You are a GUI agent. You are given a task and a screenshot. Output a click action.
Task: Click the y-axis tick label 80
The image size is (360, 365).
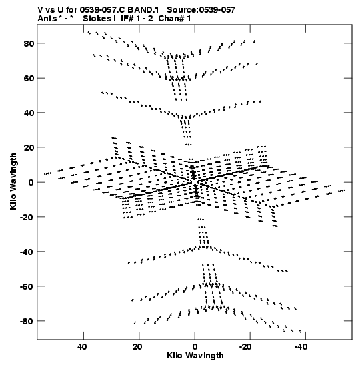tap(29, 43)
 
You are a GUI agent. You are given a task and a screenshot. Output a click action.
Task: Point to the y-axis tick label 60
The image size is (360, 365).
tap(29, 78)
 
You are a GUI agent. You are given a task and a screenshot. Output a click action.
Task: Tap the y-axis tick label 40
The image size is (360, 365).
tap(29, 113)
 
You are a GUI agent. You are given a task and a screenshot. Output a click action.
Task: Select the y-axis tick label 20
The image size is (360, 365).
tap(29, 147)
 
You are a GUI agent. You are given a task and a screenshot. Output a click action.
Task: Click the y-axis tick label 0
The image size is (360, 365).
tap(31, 182)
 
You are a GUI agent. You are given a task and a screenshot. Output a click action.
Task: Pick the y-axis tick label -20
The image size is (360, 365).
tap(27, 217)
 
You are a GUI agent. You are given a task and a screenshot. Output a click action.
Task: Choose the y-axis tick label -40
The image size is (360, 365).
tap(27, 252)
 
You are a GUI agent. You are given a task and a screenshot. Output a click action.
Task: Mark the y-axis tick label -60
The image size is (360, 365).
tap(27, 286)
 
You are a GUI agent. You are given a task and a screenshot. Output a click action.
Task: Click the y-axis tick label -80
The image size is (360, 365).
tap(27, 321)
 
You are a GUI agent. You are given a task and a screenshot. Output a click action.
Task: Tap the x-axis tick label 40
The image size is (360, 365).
tap(82, 347)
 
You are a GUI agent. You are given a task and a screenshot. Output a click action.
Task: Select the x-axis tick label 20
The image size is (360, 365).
tap(138, 347)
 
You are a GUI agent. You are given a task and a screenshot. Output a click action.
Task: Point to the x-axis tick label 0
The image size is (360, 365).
tap(195, 347)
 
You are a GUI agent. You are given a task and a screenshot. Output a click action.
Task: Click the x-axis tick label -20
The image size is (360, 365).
tap(246, 347)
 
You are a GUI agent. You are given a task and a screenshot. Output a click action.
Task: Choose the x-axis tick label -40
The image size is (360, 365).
tap(301, 347)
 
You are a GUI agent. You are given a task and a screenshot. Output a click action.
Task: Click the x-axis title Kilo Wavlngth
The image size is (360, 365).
tap(195, 356)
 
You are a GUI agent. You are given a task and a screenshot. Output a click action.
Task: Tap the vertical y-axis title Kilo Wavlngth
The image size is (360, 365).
tap(13, 181)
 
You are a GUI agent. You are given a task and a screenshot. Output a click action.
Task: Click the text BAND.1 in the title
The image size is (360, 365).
tap(143, 10)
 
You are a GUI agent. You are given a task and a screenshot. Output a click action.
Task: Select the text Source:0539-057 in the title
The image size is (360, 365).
tap(201, 10)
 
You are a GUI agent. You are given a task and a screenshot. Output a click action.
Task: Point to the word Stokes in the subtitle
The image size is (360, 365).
tap(97, 19)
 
